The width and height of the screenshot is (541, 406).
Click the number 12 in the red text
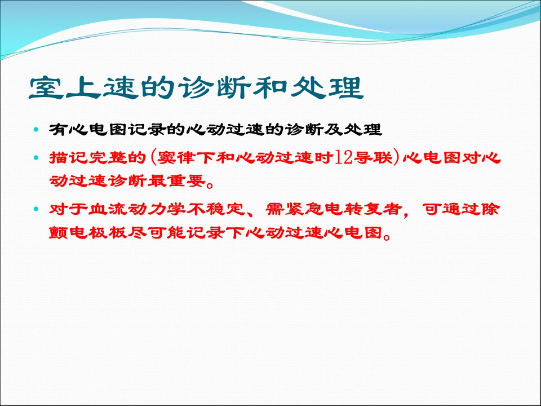point(343,158)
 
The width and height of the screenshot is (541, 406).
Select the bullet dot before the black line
point(37,130)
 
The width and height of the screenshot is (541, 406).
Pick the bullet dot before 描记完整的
point(37,158)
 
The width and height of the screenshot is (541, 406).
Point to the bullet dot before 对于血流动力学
point(37,209)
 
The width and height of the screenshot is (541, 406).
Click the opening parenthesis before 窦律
point(153,158)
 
